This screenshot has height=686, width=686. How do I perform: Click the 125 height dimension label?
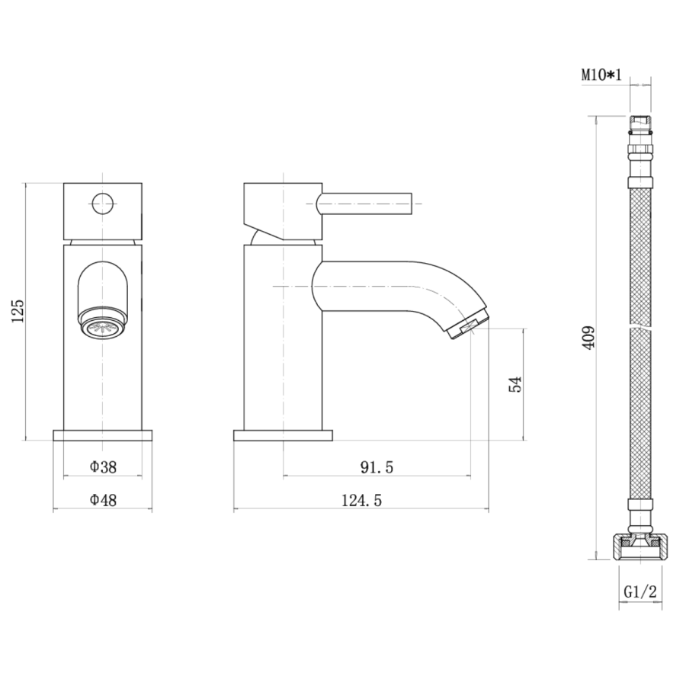pyautogui.click(x=18, y=311)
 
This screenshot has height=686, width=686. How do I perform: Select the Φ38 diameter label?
pyautogui.click(x=103, y=467)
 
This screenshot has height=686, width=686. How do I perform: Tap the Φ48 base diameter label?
pyautogui.click(x=103, y=499)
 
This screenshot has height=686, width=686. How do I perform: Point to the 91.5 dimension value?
pyautogui.click(x=377, y=467)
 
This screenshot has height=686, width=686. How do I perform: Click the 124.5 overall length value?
pyautogui.click(x=361, y=500)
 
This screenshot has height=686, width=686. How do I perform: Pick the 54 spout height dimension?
pyautogui.click(x=516, y=384)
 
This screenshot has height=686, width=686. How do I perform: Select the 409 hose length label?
pyautogui.click(x=588, y=337)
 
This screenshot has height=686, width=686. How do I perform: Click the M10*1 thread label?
pyautogui.click(x=601, y=75)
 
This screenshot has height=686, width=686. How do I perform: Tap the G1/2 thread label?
pyautogui.click(x=640, y=592)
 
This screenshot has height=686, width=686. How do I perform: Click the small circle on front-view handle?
pyautogui.click(x=103, y=204)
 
